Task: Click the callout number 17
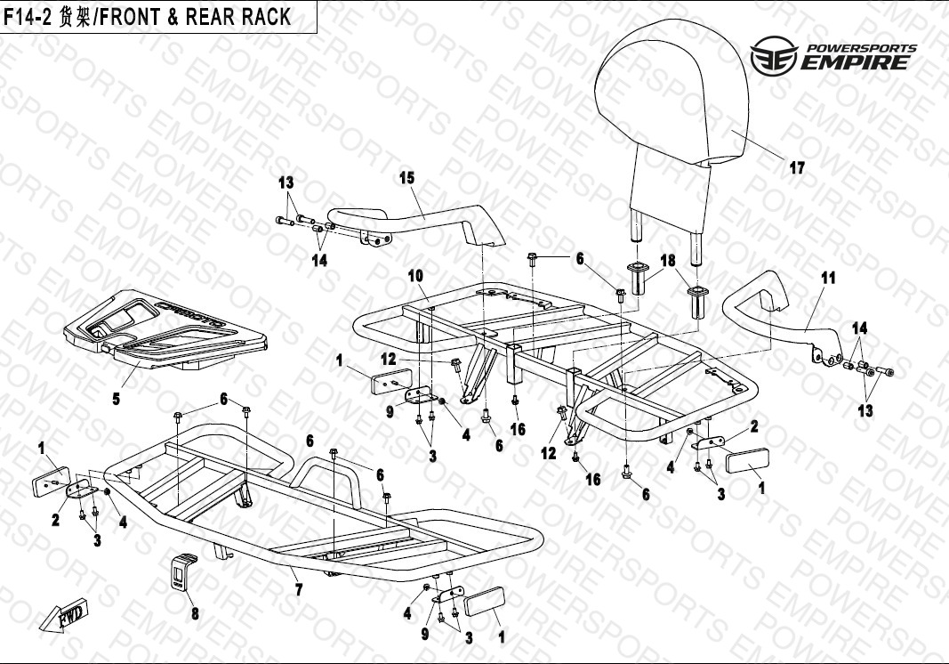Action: pos(797,167)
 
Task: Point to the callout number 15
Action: pos(406,178)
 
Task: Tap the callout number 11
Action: pos(828,278)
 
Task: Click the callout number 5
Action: pos(116,398)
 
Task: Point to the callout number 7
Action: pos(299,589)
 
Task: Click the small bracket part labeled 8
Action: pos(184,573)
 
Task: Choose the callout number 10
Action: pos(415,276)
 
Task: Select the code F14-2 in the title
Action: pos(29,18)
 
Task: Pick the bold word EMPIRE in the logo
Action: pos(855,63)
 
